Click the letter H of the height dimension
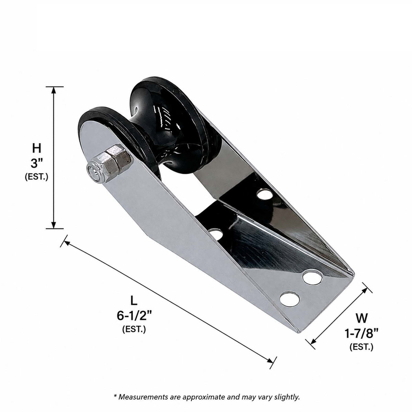tap(36, 148)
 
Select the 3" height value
tap(37, 164)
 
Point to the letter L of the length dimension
tap(134, 301)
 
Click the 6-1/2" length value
tap(134, 316)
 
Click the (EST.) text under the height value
tap(36, 177)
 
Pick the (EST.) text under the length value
tap(134, 329)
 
